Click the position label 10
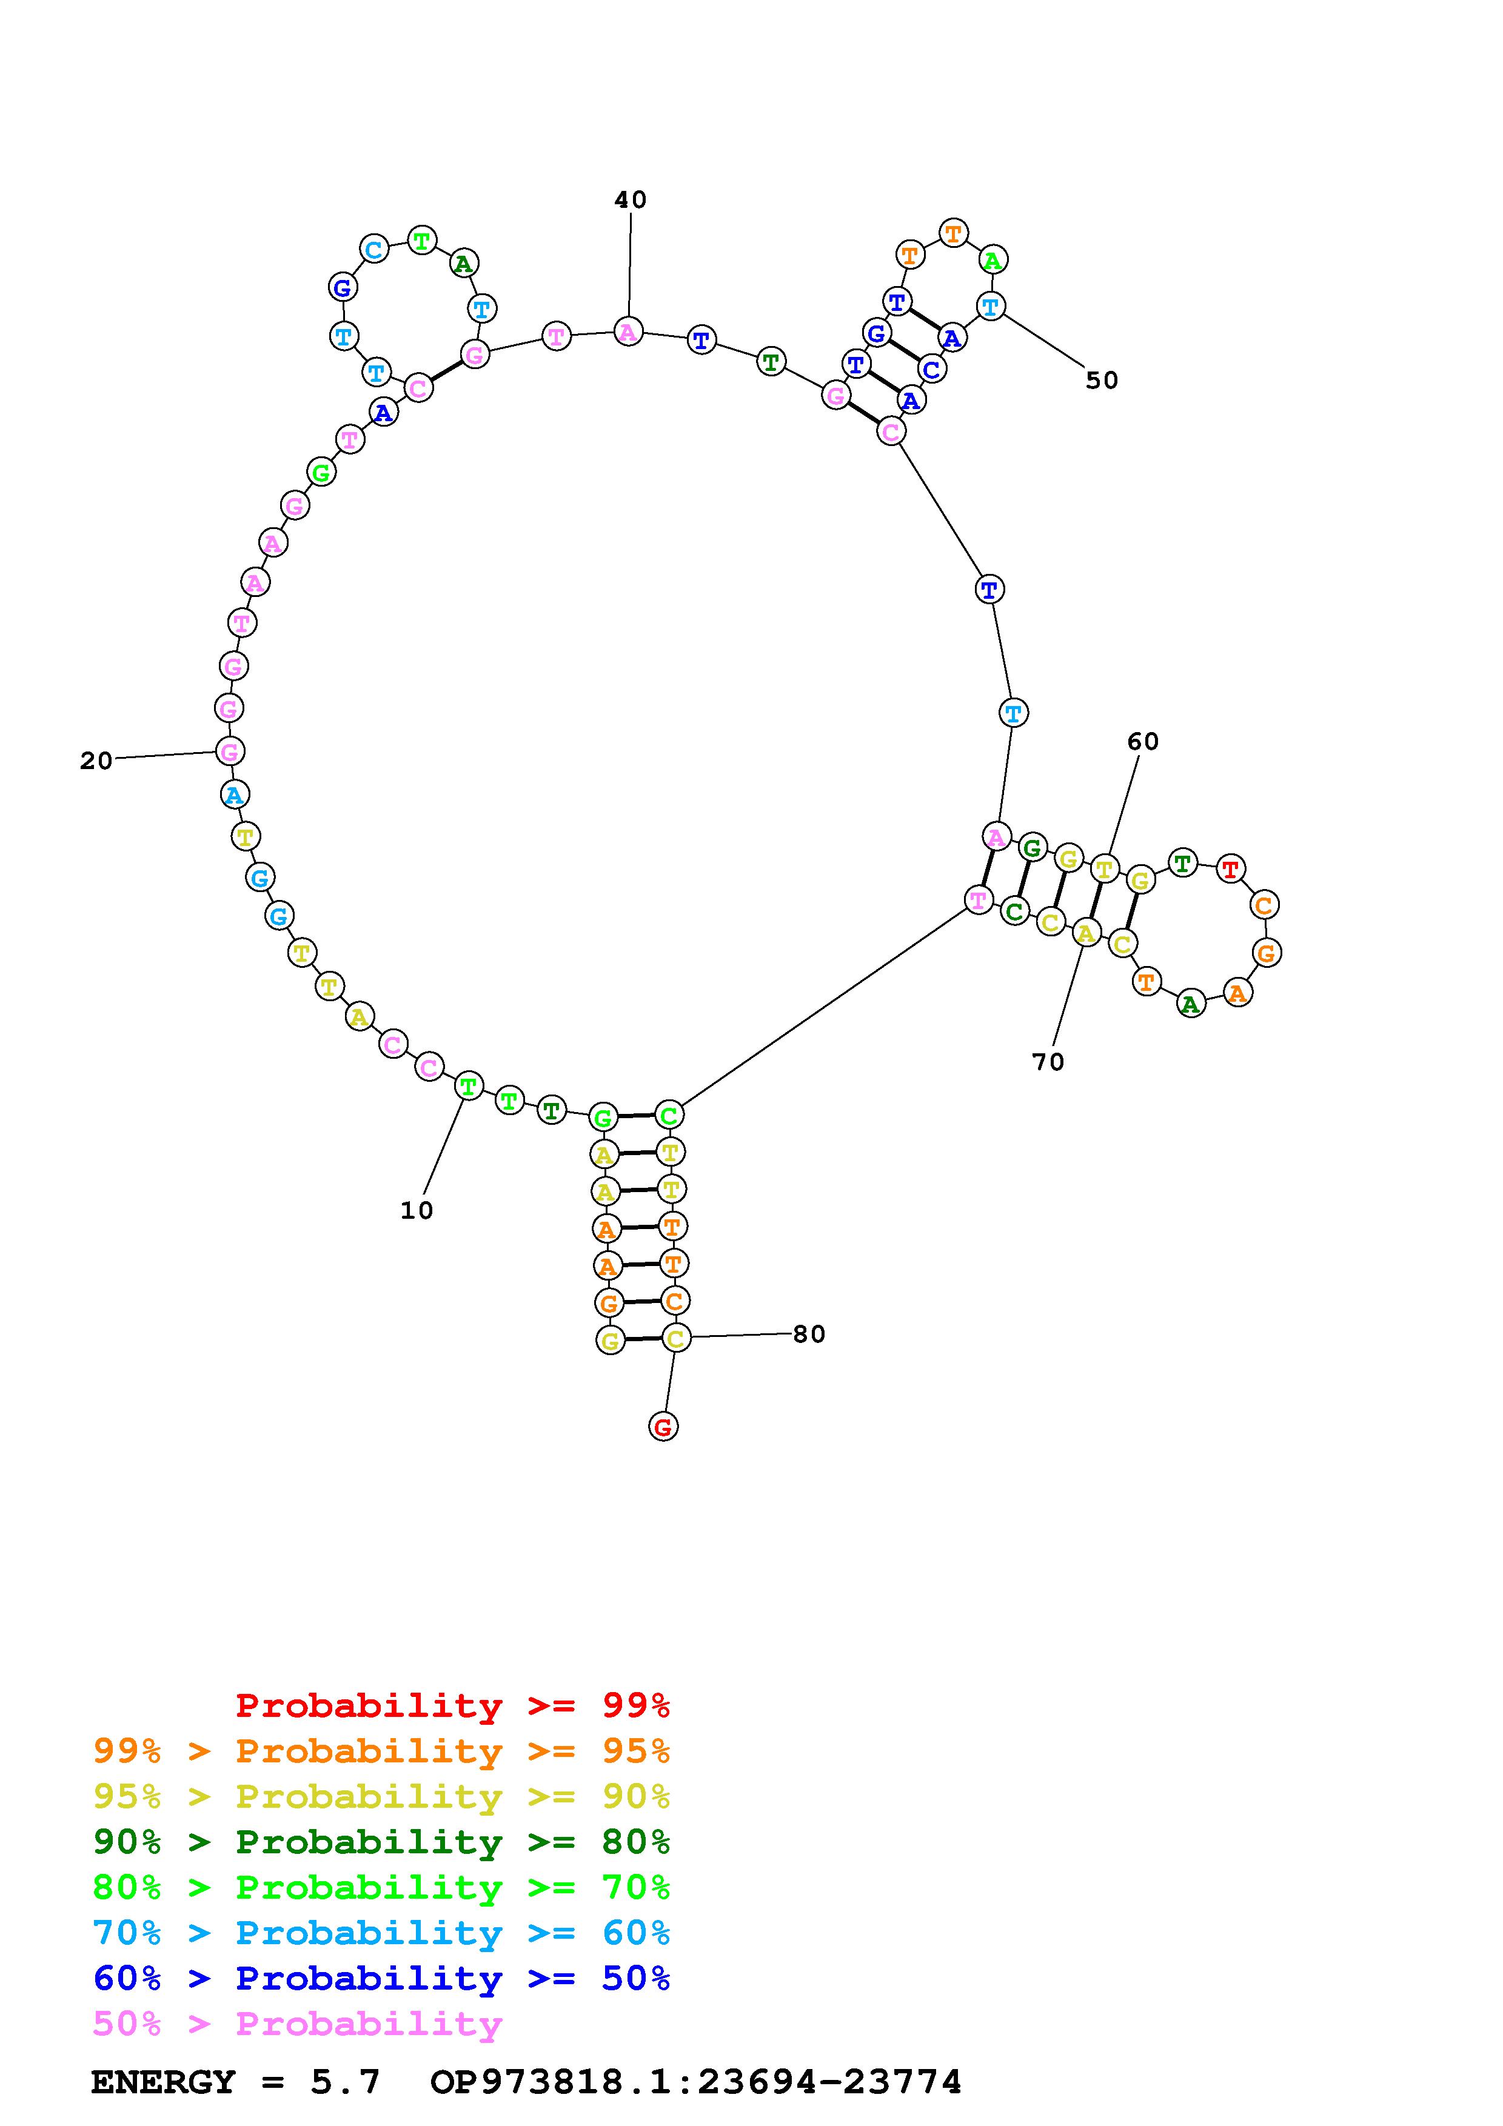(417, 1210)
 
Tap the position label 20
(96, 761)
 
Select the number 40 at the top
(631, 200)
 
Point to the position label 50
(1102, 381)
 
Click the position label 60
(1143, 742)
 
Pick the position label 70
(1048, 1062)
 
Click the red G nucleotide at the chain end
(663, 1427)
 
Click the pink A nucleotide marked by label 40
(628, 332)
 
